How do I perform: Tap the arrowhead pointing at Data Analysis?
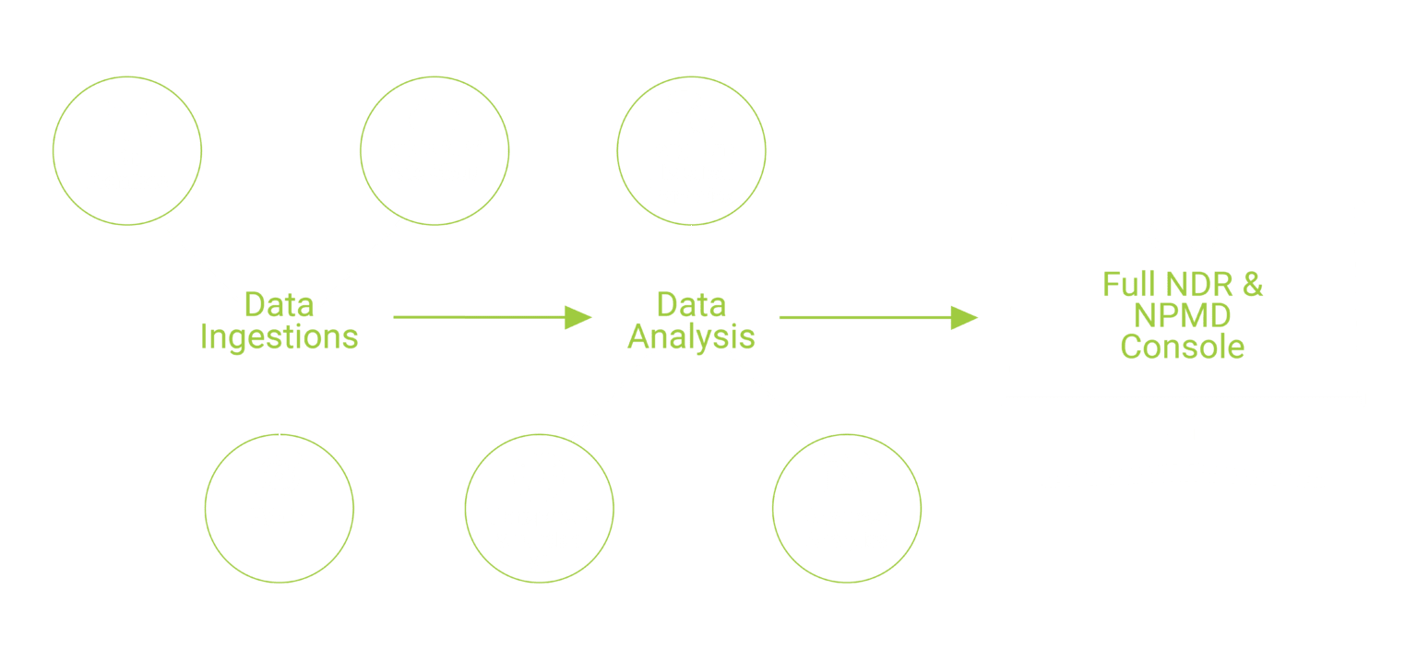[x=579, y=317]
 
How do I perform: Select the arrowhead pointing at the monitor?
[x=965, y=318]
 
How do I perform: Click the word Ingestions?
[x=279, y=337]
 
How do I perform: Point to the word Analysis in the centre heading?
[x=691, y=337]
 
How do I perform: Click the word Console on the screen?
[x=1183, y=348]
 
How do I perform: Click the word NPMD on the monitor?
[x=1183, y=316]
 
